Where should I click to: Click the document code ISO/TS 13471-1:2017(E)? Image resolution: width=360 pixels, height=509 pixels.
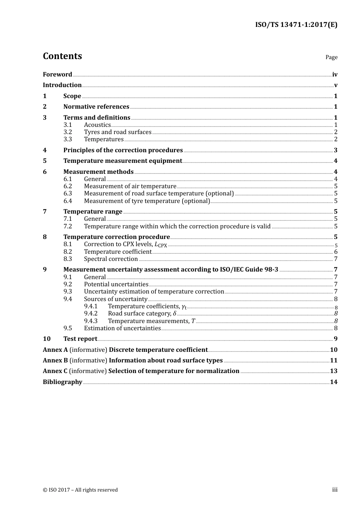point(296,25)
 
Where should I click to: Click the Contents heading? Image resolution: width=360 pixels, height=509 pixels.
point(62,56)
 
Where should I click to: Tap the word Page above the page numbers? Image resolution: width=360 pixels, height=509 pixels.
point(331,57)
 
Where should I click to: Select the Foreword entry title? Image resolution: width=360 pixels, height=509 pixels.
point(57,75)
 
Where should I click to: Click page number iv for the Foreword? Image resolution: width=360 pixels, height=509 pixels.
point(335,75)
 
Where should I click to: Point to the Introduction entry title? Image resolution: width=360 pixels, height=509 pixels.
point(62,85)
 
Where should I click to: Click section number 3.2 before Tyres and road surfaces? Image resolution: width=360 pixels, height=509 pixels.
point(67,132)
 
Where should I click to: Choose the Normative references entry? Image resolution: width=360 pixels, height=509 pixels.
point(96,107)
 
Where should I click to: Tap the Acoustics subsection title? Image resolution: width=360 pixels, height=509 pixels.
point(97,125)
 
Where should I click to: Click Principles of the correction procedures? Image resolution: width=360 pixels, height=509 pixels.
point(123,150)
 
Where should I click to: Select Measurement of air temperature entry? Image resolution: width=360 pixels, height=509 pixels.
point(130,186)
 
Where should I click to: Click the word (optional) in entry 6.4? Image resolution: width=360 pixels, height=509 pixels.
point(196,201)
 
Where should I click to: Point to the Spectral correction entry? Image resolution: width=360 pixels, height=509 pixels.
point(111,259)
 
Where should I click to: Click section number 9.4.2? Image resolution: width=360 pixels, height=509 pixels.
point(91,314)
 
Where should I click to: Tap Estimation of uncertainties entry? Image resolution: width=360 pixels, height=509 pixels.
point(122,328)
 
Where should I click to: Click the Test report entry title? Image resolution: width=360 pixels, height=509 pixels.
point(80,339)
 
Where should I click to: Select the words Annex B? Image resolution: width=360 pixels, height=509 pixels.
point(55,361)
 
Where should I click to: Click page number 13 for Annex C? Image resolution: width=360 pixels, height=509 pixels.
point(333,371)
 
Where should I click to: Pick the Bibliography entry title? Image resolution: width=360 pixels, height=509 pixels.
point(63,382)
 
